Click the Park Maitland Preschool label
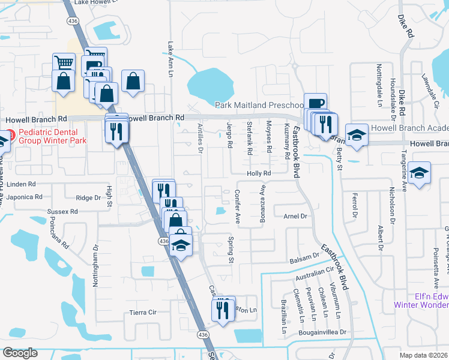[x=258, y=104]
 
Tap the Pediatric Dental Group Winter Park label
[x=52, y=136]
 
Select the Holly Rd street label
[x=259, y=173]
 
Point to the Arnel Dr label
[x=295, y=216]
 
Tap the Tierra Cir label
[x=143, y=313]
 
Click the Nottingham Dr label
[x=95, y=266]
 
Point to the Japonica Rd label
[x=22, y=197]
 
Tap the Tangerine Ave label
[x=404, y=173]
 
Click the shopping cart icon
[x=63, y=62]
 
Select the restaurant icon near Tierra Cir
[x=223, y=310]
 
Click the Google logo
[x=20, y=353]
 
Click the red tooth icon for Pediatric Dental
[x=12, y=132]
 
